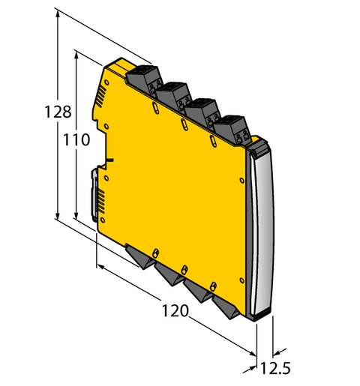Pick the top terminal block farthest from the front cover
coord(142,78)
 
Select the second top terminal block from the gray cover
coord(201,111)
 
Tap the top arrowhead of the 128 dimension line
coord(58,17)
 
